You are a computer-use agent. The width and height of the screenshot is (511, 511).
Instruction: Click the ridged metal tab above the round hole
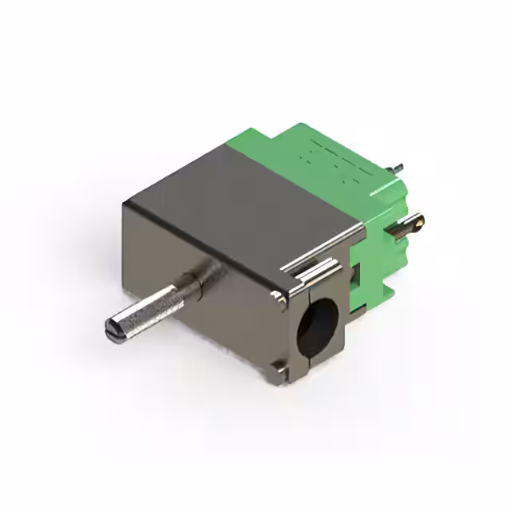(310, 274)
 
